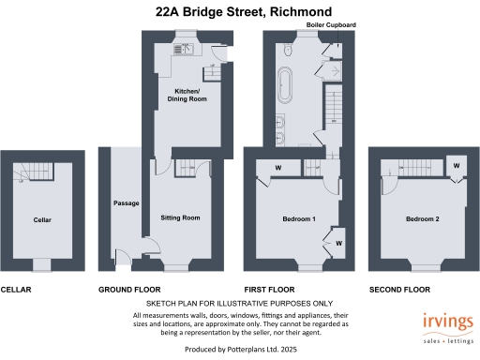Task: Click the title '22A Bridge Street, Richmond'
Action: tap(239, 11)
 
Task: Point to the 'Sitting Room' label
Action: tap(180, 217)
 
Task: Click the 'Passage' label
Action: tap(126, 203)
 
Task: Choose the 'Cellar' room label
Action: tap(41, 219)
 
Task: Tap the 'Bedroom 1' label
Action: tap(298, 219)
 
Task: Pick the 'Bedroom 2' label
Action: tap(421, 219)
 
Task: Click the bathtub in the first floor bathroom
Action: tap(283, 84)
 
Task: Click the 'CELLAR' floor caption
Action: tap(16, 290)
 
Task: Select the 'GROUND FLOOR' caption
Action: tap(129, 290)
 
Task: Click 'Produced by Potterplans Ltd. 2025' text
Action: tap(239, 348)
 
